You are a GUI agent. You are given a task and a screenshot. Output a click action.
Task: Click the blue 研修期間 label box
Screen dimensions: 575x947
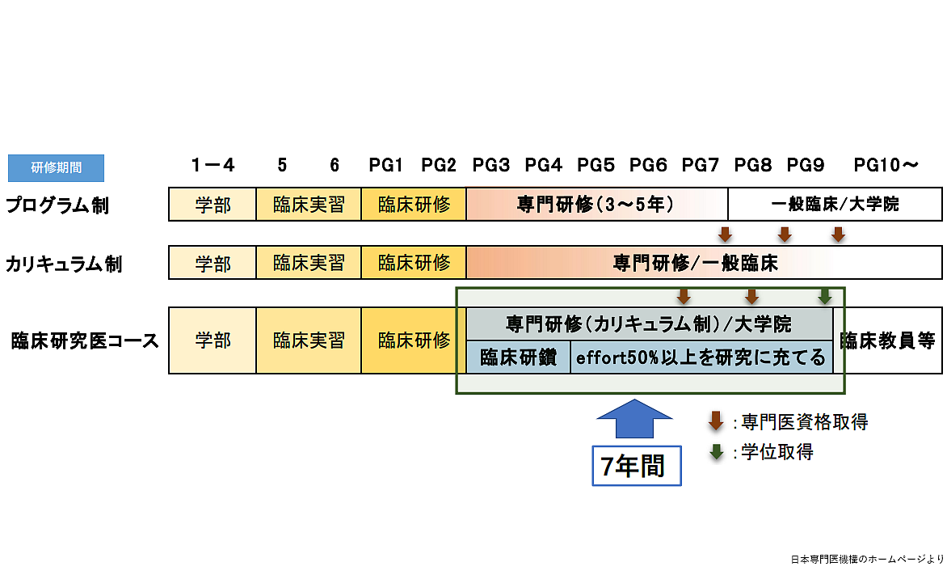[x=56, y=167]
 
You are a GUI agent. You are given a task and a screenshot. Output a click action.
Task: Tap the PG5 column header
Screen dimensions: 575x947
[x=596, y=166]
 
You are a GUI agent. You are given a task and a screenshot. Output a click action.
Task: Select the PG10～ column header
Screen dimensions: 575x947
[x=886, y=166]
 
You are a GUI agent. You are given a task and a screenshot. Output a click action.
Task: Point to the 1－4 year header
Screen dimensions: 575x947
[x=213, y=166]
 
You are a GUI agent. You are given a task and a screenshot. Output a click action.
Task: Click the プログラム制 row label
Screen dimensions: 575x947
[x=57, y=205]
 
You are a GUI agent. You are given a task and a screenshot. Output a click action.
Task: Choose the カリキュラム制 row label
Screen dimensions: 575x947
[x=65, y=264]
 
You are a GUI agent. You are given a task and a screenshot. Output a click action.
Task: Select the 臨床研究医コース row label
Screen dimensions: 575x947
[x=85, y=340]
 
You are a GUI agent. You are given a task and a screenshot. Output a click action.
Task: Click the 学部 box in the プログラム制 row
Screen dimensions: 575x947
[x=213, y=205]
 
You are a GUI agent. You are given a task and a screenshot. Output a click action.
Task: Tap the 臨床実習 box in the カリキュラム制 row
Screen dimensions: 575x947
[x=309, y=263]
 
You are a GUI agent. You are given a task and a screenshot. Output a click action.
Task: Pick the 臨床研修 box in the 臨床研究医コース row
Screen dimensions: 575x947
[x=414, y=340]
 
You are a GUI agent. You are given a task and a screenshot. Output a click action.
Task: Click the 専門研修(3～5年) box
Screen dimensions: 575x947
[x=596, y=205]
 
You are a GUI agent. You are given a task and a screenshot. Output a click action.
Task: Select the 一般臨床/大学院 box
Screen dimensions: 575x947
[x=835, y=205]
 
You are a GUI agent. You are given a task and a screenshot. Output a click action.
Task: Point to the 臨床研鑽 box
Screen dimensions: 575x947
[x=518, y=357]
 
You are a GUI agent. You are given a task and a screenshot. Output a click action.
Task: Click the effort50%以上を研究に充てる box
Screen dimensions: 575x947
[x=701, y=357]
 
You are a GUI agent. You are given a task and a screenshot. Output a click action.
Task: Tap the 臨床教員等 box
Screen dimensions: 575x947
[x=887, y=340]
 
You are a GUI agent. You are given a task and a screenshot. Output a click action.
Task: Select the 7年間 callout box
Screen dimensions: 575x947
[x=636, y=466]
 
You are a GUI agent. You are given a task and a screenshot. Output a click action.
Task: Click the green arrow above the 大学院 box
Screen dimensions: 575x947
[x=824, y=297]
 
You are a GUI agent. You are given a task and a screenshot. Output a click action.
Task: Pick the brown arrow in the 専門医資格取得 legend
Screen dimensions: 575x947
[x=716, y=421]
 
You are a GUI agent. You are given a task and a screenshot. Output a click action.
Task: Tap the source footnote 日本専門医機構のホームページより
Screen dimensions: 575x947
[x=866, y=559]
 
